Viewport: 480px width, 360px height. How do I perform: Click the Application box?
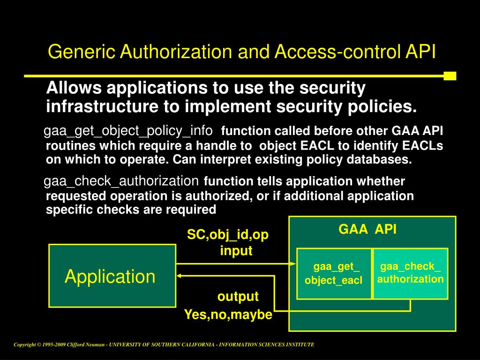112,276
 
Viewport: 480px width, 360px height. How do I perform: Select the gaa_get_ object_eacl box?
334,274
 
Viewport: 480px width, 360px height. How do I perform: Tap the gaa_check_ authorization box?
410,273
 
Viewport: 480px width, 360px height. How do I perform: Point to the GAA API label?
367,229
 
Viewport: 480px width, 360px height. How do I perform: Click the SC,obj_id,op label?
228,235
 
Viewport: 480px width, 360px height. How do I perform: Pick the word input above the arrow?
236,251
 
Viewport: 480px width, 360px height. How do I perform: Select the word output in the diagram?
238,297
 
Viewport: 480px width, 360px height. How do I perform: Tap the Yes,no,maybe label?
228,315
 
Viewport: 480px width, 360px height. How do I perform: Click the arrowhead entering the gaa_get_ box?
293,263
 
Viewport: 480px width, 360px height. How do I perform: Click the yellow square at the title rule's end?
450,76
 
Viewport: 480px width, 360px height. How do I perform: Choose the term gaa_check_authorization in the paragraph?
121,180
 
